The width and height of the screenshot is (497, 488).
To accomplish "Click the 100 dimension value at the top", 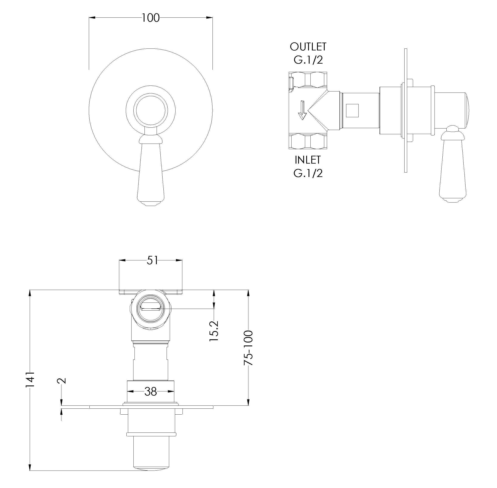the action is click(x=151, y=18).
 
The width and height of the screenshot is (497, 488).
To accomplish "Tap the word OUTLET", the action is click(x=308, y=47).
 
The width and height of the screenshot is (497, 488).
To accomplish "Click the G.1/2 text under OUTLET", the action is click(x=308, y=60).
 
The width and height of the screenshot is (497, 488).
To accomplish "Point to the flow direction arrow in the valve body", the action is click(x=302, y=110).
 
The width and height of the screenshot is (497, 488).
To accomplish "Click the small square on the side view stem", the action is click(x=352, y=110).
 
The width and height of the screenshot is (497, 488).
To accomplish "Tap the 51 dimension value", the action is click(x=152, y=260).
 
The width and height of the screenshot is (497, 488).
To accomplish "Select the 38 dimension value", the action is click(x=151, y=391).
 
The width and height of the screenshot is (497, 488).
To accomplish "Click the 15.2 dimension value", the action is click(x=214, y=331).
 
